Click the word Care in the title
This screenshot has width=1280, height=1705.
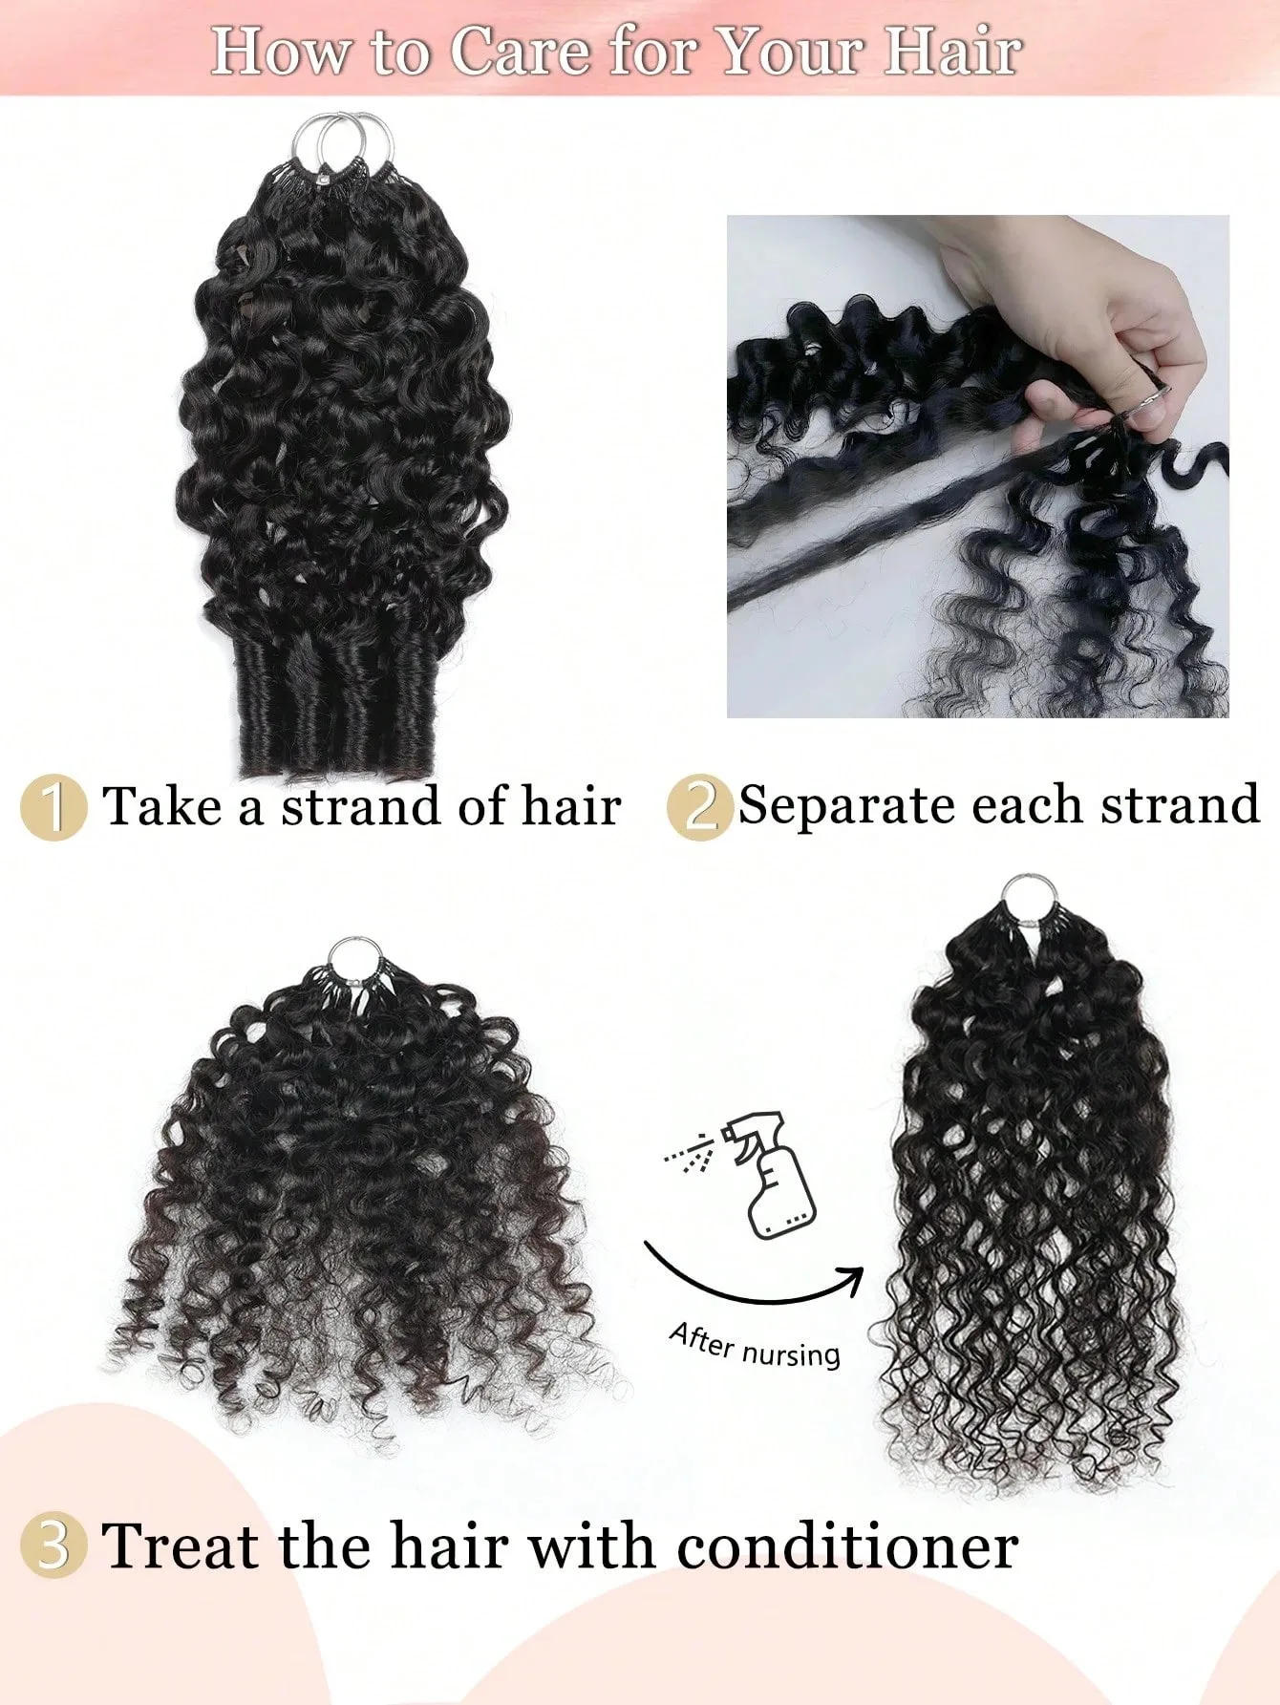point(521,52)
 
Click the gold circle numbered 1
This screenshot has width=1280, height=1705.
point(53,808)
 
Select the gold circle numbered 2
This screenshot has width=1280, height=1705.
point(699,808)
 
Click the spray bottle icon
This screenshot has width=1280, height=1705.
point(769,1175)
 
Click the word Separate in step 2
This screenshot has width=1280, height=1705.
point(848,806)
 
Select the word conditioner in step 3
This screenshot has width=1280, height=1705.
point(847,1545)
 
